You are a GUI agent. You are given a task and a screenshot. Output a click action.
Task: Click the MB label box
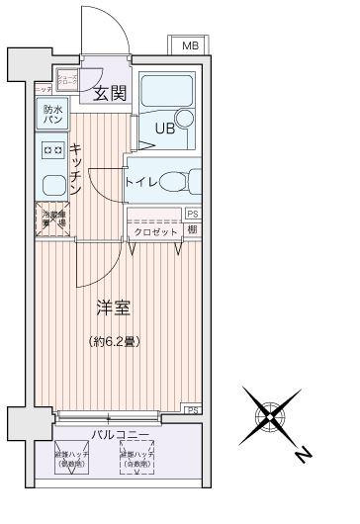click(189, 45)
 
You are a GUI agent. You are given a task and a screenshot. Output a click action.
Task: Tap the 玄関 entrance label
click(110, 95)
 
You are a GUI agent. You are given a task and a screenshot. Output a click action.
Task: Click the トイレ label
click(138, 183)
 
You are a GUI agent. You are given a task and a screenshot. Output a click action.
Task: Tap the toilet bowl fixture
click(174, 182)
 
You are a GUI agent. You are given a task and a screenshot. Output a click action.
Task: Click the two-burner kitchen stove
click(52, 150)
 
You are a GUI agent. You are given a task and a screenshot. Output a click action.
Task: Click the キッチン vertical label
click(76, 165)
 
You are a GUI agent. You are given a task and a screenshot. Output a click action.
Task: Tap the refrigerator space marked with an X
click(52, 218)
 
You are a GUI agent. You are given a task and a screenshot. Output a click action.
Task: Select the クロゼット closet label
click(156, 231)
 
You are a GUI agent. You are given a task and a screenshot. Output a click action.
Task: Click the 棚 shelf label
click(191, 230)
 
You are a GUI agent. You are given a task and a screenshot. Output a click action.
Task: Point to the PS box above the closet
click(192, 213)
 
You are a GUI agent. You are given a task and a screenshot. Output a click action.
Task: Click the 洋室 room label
click(112, 308)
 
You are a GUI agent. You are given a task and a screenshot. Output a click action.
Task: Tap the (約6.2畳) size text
click(111, 342)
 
